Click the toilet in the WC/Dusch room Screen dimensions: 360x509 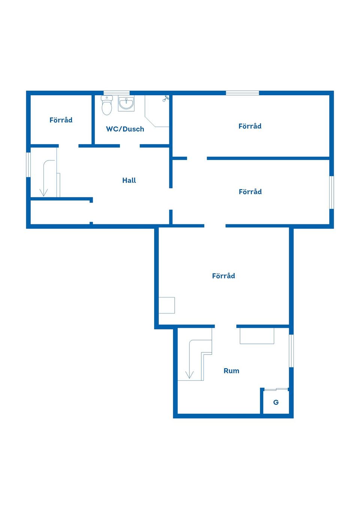point(106,105)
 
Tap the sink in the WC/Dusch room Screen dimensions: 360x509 point(126,103)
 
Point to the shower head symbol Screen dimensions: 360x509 point(166,99)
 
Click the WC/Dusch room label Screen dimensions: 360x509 point(125,129)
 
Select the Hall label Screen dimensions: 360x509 point(129,180)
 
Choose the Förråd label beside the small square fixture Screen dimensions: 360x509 point(223,275)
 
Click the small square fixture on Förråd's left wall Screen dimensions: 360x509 point(166,305)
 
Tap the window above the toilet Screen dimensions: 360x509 point(117,93)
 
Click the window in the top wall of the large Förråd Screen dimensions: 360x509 point(243,93)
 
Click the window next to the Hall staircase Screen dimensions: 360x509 point(28,165)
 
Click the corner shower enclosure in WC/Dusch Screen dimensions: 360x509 point(157,111)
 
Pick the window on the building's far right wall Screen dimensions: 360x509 point(331,192)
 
